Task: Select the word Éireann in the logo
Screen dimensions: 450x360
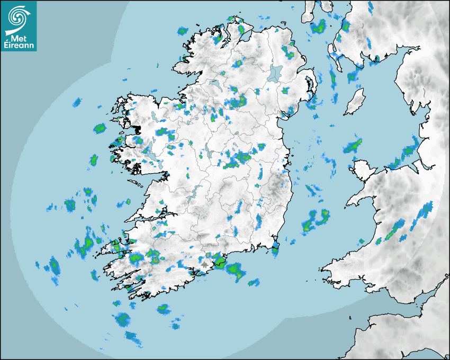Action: [20, 46]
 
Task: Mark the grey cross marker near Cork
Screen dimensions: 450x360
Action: [205, 263]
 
